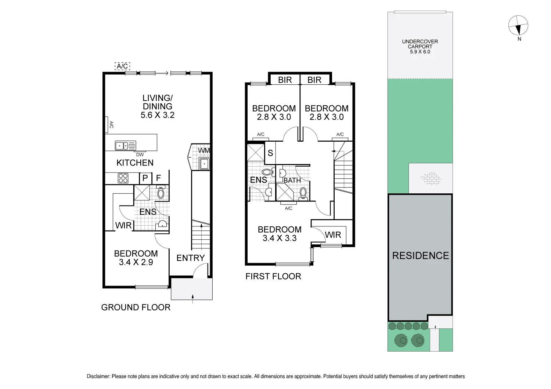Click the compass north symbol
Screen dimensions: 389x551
(518, 26)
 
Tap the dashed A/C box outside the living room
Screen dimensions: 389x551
(122, 66)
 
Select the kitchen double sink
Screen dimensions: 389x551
(125, 145)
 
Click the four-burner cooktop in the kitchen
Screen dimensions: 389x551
(123, 178)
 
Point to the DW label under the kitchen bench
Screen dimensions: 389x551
(140, 154)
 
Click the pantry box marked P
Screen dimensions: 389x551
(145, 178)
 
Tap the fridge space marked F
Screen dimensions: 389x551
(158, 178)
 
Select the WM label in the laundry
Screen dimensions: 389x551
(204, 151)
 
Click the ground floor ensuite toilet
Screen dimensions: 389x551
(161, 192)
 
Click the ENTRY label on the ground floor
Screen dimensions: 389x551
(190, 258)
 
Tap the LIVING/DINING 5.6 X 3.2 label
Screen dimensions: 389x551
(157, 106)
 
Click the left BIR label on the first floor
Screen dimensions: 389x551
(285, 80)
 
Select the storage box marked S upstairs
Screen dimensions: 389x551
(270, 153)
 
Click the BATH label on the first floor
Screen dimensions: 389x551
(292, 180)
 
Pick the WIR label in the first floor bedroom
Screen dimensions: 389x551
(333, 235)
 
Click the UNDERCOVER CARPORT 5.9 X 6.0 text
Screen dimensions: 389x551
(420, 47)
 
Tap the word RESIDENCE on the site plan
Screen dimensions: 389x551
(420, 255)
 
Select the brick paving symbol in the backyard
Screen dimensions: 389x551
(430, 179)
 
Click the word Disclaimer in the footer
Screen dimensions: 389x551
(98, 376)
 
